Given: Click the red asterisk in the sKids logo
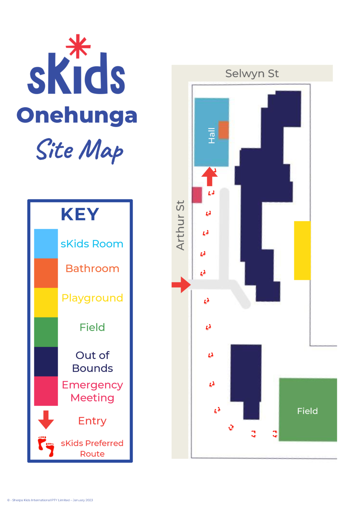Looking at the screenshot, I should click(x=78, y=46).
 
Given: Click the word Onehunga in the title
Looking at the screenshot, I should click(x=77, y=115).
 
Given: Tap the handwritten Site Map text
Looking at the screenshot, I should click(x=80, y=150).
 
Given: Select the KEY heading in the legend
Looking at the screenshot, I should click(x=80, y=214).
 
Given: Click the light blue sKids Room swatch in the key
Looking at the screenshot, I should click(x=46, y=243).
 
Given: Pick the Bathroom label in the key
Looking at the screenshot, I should click(x=92, y=268).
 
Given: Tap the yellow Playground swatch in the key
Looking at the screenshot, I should click(x=46, y=302).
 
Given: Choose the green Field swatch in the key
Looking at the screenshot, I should click(x=46, y=332).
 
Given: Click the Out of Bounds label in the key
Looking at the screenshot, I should click(x=92, y=362).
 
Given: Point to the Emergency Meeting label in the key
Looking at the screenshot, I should click(x=92, y=391).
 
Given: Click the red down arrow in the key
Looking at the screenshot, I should click(x=46, y=419).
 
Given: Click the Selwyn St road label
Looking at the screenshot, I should click(x=252, y=74).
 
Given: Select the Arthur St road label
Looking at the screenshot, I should click(x=180, y=225).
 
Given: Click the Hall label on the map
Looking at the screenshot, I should click(x=211, y=136).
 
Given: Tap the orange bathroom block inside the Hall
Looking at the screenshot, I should click(x=224, y=130).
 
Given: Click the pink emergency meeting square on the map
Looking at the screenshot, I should click(x=197, y=195).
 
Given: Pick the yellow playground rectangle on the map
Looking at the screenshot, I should click(x=302, y=250).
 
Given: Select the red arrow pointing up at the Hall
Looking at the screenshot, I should click(x=209, y=176).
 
